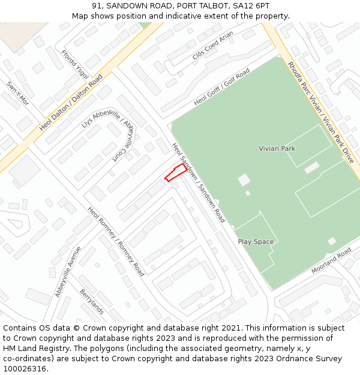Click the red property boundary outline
(x=175, y=173)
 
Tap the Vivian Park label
(x=277, y=148)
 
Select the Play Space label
(x=256, y=242)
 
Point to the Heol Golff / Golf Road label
(x=221, y=88)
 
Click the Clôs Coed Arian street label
(x=212, y=46)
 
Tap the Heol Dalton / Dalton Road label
(x=71, y=103)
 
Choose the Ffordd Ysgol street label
(x=75, y=65)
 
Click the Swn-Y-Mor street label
(x=17, y=93)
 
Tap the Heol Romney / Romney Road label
(x=116, y=242)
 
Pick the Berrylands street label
(x=92, y=302)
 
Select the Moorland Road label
(x=331, y=261)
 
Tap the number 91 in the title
(x=97, y=6)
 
